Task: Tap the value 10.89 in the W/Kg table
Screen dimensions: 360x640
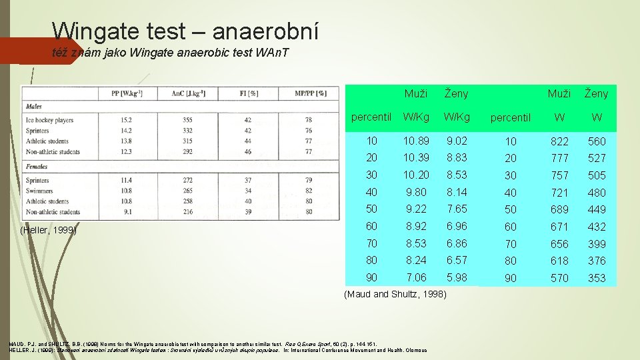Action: tap(416, 141)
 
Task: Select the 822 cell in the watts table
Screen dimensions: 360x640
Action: tap(559, 141)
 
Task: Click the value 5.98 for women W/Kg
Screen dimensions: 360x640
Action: tap(457, 277)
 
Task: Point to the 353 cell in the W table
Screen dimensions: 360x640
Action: tap(597, 278)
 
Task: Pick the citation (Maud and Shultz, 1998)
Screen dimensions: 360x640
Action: tap(395, 294)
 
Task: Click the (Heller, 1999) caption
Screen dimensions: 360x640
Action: tap(49, 230)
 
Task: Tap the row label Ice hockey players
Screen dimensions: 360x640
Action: tap(49, 120)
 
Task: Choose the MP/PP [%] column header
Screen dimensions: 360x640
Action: tap(311, 93)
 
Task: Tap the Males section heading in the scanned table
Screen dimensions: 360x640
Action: tap(34, 107)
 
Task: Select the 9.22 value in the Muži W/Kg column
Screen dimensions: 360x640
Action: tap(416, 209)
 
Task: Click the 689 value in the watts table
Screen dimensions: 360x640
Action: tap(559, 209)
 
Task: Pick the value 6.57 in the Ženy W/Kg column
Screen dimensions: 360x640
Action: tap(457, 260)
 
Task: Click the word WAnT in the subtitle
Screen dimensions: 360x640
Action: tap(272, 53)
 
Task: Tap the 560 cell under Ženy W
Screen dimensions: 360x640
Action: tap(597, 141)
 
